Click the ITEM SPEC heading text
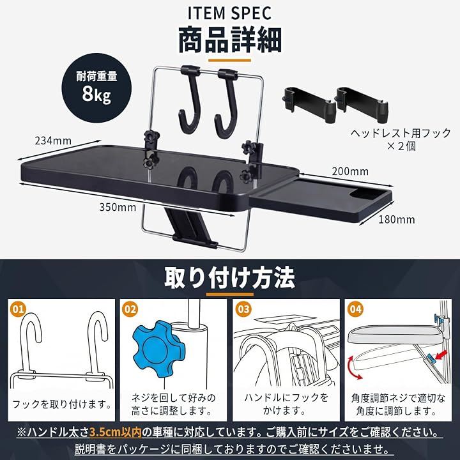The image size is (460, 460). point(230,13)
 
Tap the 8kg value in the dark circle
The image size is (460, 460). point(96,94)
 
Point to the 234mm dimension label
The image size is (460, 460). point(53,141)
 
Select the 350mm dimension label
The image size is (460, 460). point(118,208)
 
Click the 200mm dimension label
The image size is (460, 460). point(350,171)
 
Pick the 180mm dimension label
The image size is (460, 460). point(397,219)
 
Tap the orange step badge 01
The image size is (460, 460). point(18,309)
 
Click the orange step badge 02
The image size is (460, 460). point(130,309)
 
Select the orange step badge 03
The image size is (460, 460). point(243,309)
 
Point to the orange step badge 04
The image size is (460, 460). point(355,309)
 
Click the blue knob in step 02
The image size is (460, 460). point(158,349)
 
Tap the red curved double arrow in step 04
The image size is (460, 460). point(352,368)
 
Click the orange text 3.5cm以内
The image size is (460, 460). point(116,432)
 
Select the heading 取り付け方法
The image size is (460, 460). point(229,277)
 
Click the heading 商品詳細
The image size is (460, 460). point(230,40)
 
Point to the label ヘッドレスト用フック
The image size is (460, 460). point(401,134)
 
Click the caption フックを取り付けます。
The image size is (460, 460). point(62,404)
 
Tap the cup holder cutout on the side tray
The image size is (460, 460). point(365,194)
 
